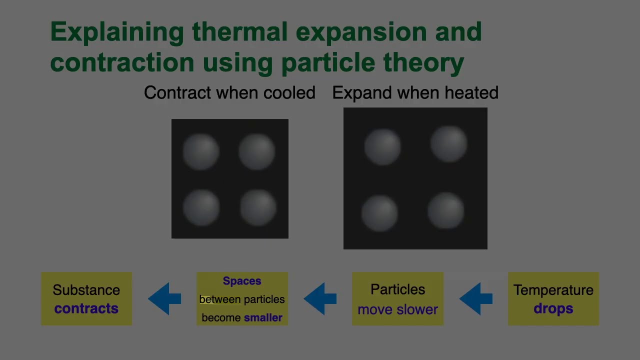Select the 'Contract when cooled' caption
pyautogui.click(x=229, y=93)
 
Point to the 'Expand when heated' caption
pyautogui.click(x=415, y=93)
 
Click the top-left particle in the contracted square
pyautogui.click(x=201, y=151)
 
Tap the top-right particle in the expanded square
pyautogui.click(x=449, y=144)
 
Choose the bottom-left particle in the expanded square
pyautogui.click(x=379, y=213)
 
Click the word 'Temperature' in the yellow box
pyautogui.click(x=553, y=290)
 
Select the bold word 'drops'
pyautogui.click(x=553, y=308)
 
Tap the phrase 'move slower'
pyautogui.click(x=397, y=309)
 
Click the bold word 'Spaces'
pyautogui.click(x=242, y=281)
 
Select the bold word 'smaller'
pyautogui.click(x=263, y=317)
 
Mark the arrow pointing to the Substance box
pyautogui.click(x=164, y=299)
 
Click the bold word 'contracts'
pyautogui.click(x=86, y=308)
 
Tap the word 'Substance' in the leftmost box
pyautogui.click(x=86, y=290)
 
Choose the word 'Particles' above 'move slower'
pyautogui.click(x=397, y=289)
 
